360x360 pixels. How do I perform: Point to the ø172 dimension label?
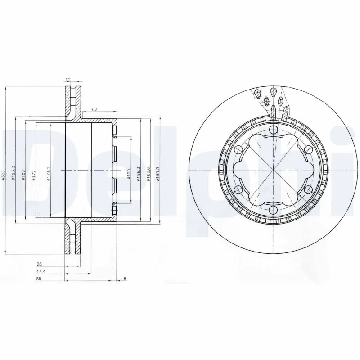click(x=35, y=175)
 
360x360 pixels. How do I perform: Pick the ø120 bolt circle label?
click(x=129, y=173)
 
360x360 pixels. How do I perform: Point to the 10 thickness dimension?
click(x=68, y=80)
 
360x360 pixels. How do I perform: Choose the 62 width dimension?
click(x=94, y=109)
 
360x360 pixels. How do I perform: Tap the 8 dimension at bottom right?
click(x=124, y=279)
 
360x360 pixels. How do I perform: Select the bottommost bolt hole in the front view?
click(x=273, y=210)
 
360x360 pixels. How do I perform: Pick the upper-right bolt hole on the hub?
click(x=307, y=150)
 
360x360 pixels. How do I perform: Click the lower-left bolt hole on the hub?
click(x=238, y=190)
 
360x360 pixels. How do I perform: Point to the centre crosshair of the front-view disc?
click(x=273, y=170)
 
